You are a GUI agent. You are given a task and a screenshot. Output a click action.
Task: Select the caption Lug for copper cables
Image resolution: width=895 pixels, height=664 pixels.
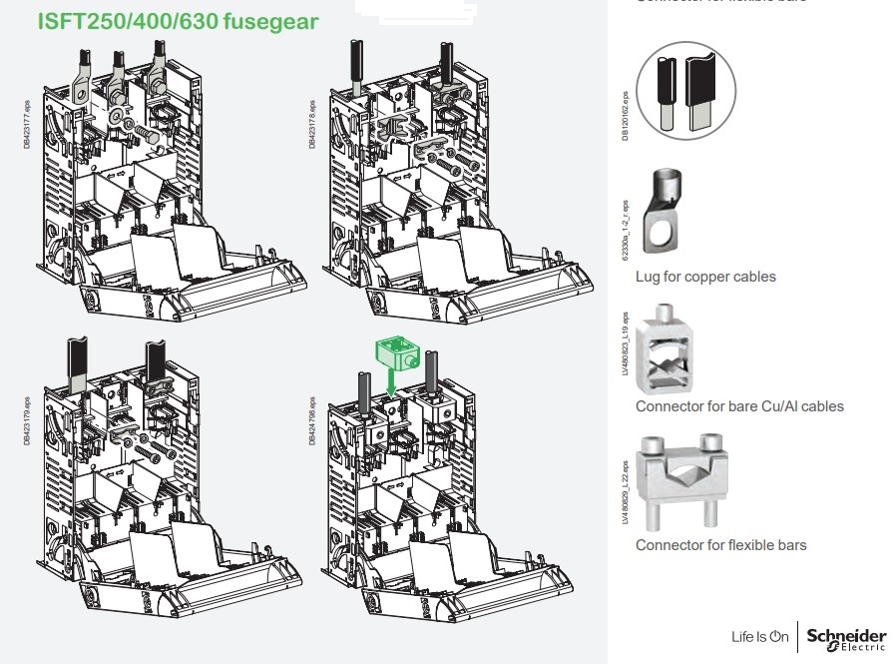705,277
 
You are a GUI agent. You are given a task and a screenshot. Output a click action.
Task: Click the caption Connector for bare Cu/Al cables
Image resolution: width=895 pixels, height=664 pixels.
739,406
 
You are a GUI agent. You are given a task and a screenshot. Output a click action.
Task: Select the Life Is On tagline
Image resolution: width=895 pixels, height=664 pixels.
759,637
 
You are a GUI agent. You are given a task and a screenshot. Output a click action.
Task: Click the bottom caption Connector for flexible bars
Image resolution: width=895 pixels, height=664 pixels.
720,545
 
